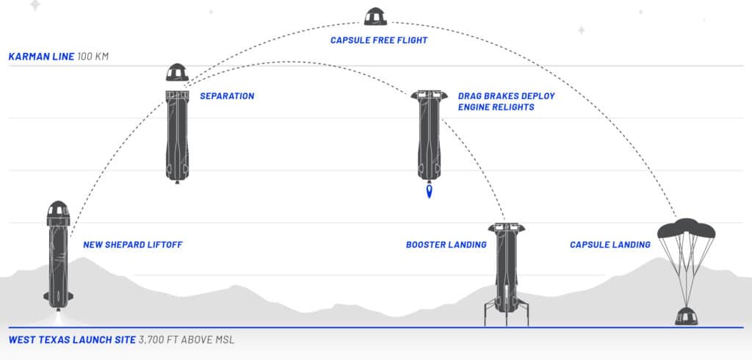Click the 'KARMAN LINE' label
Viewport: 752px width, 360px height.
click(x=40, y=56)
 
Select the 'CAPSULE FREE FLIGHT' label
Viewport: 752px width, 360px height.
click(x=378, y=40)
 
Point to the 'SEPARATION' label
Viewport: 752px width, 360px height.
click(x=227, y=96)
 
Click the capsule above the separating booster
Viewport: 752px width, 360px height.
click(x=177, y=73)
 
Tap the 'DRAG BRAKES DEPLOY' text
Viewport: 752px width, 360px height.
click(x=506, y=96)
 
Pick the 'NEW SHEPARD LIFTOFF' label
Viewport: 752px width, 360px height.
click(x=132, y=245)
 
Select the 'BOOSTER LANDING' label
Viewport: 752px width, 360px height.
click(x=446, y=245)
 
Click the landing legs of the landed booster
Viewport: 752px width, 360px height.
click(x=505, y=312)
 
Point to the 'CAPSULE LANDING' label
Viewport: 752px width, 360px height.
click(x=610, y=245)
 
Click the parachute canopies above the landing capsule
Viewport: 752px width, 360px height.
click(x=687, y=228)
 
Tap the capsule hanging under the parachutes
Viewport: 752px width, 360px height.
click(x=687, y=316)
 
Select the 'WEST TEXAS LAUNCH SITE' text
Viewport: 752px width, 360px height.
click(x=70, y=340)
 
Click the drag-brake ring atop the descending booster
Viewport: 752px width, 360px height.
click(x=430, y=96)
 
